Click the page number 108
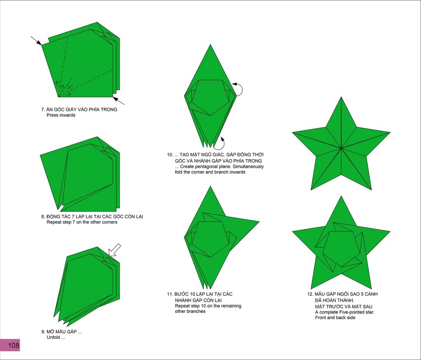coord(14,345)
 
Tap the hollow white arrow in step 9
coord(115,250)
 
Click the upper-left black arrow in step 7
coord(36,41)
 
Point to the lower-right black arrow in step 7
coord(118,101)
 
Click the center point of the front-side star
coord(341,148)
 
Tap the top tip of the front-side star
coord(341,97)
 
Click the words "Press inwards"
coord(61,115)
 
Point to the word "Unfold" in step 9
coord(53,337)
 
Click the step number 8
coord(43,216)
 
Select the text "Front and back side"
coord(335,318)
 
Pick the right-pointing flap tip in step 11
coord(259,222)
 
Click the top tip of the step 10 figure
coord(210,45)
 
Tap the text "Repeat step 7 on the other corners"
coord(82,222)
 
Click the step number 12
coord(310,294)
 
